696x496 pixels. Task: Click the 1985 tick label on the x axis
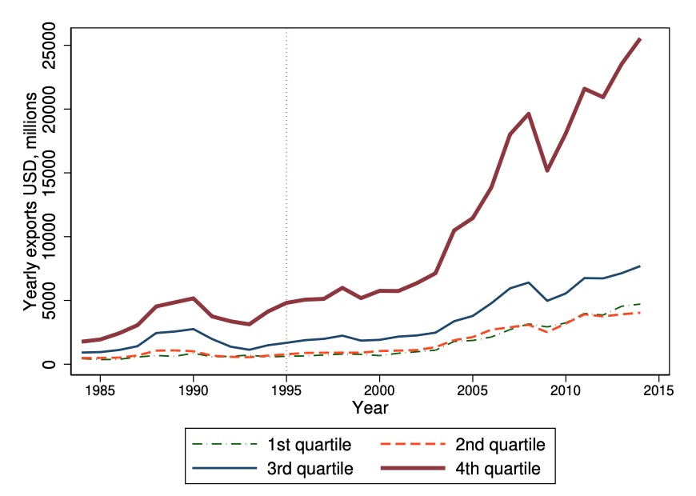[x=100, y=390]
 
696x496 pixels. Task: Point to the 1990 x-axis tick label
[x=193, y=390]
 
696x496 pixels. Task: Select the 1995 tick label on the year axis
[x=286, y=390]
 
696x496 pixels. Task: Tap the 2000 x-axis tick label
[x=379, y=390]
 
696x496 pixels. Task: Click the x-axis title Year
[x=370, y=408]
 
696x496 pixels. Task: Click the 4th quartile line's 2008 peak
[x=528, y=114]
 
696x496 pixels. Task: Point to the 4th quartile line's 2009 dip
[x=547, y=170]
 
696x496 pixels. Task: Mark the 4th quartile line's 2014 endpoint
[x=640, y=38]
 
